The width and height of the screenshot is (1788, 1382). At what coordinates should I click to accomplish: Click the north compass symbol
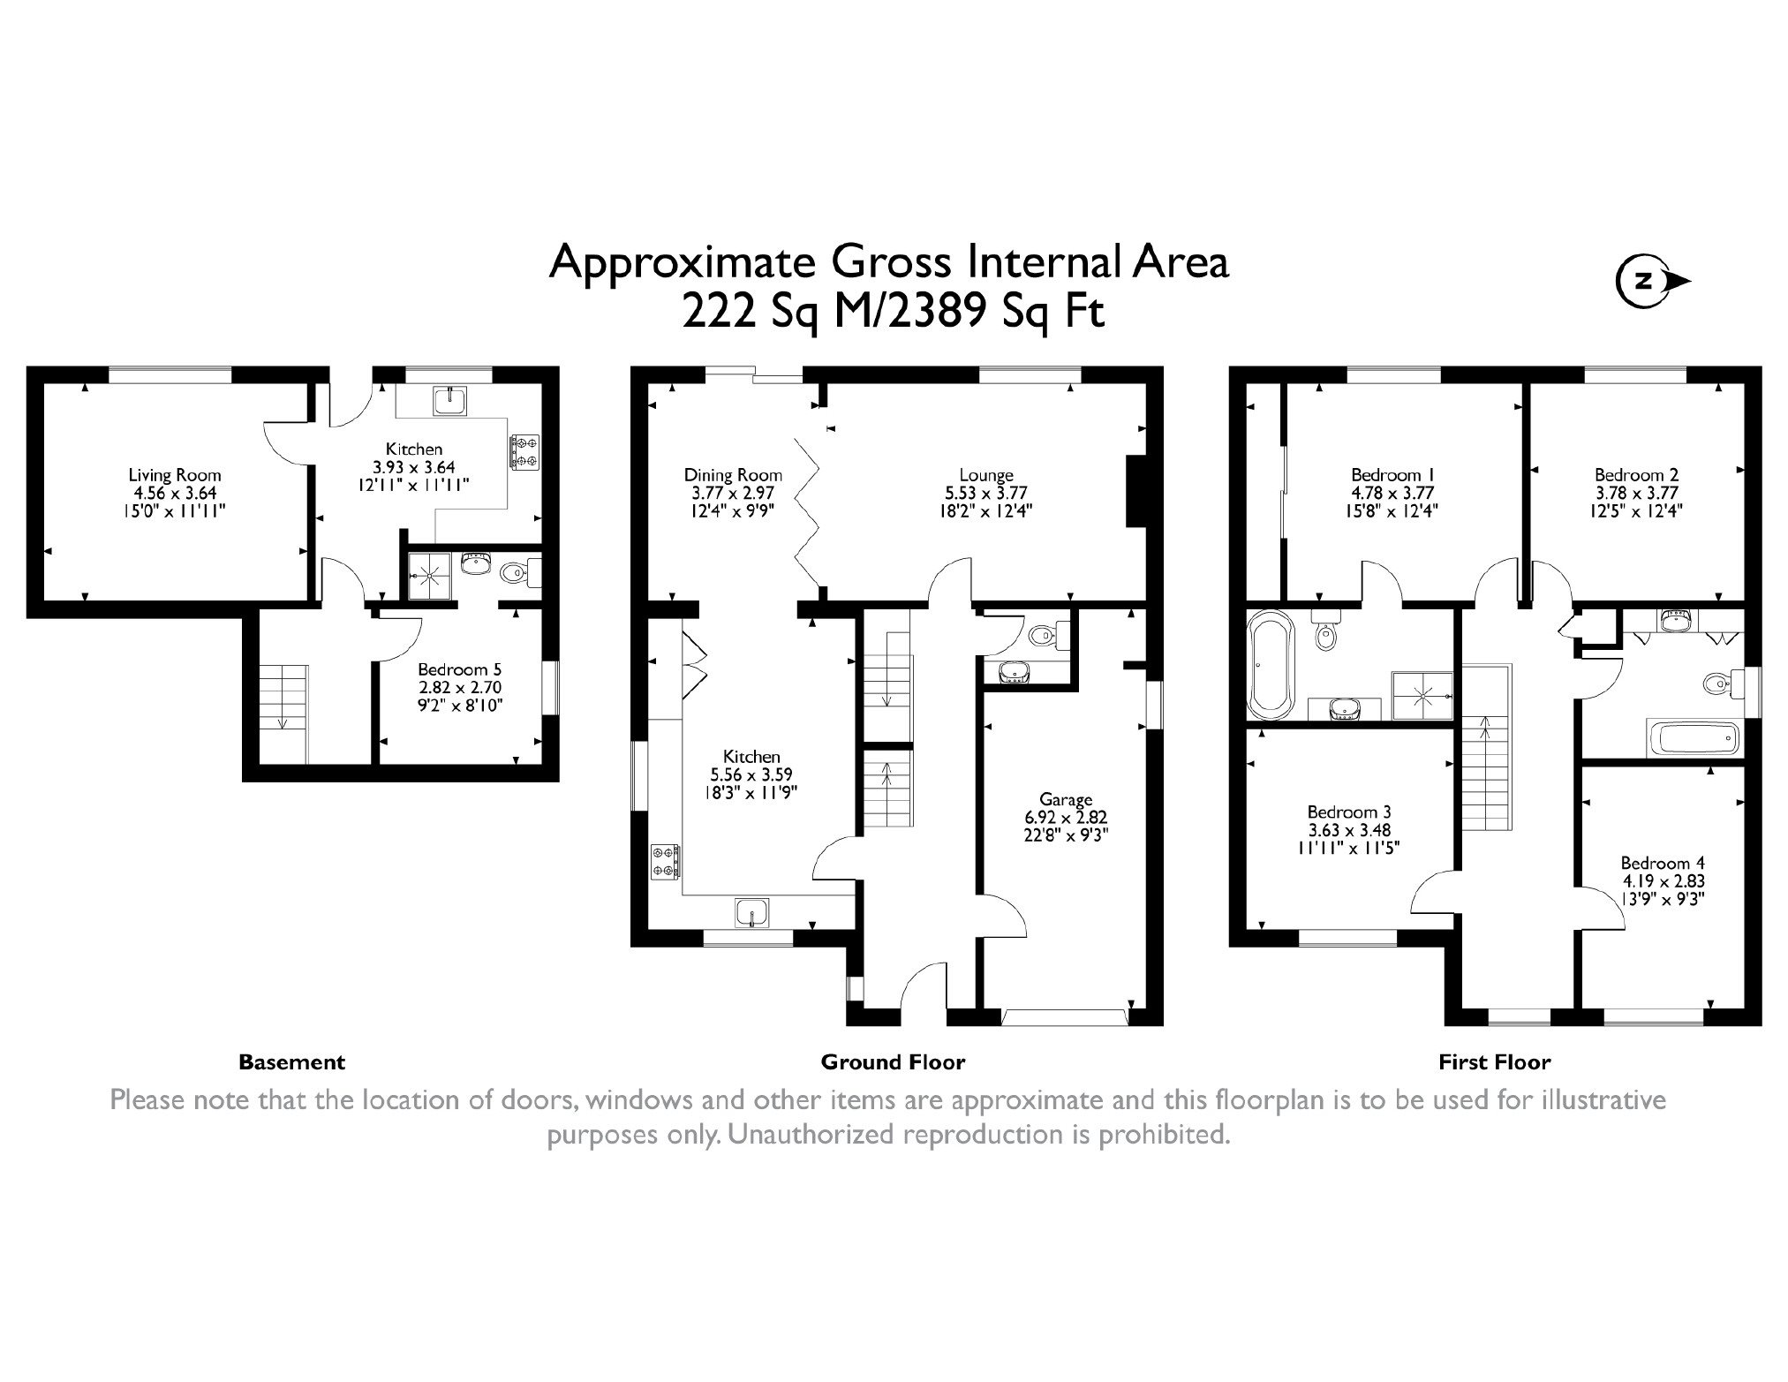point(1652,282)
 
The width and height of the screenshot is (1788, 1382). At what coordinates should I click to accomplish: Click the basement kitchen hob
point(524,450)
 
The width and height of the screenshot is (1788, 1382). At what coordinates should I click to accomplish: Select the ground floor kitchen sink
point(751,912)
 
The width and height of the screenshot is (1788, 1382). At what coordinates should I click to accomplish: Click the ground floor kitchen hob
point(666,862)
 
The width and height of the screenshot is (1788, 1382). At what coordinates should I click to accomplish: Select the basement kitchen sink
point(450,400)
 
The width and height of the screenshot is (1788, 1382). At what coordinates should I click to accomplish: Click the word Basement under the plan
point(292,1062)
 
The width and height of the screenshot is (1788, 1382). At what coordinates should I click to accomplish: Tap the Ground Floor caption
point(894,1062)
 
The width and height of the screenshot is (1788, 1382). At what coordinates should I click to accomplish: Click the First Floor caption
point(1495,1062)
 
